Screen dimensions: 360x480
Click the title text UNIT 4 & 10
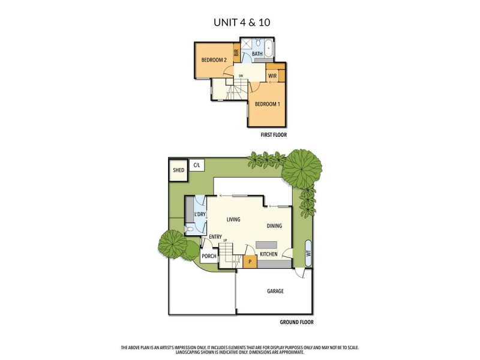[x=240, y=23]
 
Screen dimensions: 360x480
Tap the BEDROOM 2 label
[x=213, y=60]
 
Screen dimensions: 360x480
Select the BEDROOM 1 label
[x=267, y=104]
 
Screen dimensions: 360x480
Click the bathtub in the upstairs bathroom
[x=268, y=48]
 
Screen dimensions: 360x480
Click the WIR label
[x=272, y=76]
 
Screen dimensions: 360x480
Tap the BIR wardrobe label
[x=236, y=53]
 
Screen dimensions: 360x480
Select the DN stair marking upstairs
[x=241, y=76]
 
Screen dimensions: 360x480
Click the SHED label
[x=178, y=170]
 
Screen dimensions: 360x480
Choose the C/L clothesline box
[x=196, y=164]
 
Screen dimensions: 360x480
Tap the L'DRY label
[x=200, y=214]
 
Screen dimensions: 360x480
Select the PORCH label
[x=209, y=256]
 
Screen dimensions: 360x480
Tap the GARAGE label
[x=275, y=291]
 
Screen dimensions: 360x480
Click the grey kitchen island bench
[x=266, y=245]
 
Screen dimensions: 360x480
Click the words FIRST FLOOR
[x=274, y=135]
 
